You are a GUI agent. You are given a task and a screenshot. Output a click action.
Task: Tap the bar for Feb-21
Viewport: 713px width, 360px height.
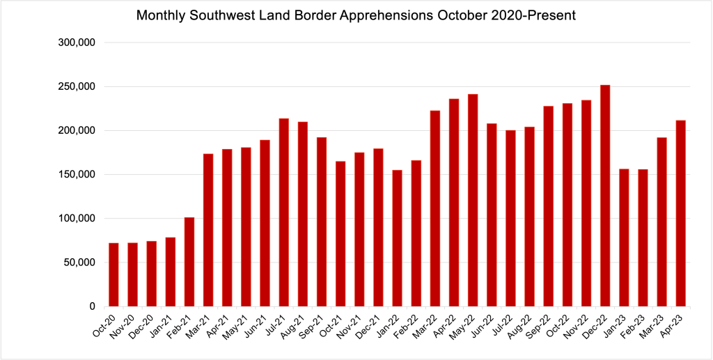189,262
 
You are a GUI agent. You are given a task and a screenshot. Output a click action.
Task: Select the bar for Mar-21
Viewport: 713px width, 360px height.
208,230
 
